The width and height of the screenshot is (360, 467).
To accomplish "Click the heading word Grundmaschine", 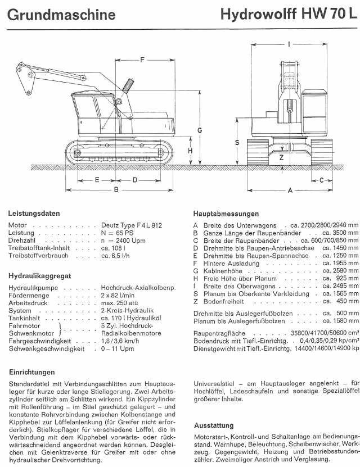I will click(62, 14).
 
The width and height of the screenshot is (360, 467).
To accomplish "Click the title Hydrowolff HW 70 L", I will click(289, 14).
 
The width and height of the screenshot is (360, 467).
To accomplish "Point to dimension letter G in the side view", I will click(200, 130).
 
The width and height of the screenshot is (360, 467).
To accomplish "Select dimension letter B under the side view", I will click(116, 190).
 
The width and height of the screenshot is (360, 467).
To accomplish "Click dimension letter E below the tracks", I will click(97, 180).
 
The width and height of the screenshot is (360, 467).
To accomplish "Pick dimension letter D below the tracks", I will click(135, 180).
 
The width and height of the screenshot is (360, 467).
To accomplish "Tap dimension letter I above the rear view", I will click(288, 43).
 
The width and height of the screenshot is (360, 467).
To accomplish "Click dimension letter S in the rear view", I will click(237, 143).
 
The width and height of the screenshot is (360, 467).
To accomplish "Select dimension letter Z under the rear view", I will click(281, 158).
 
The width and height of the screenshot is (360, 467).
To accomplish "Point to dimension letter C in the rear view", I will click(322, 180).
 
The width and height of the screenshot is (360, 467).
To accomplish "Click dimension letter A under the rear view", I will click(290, 191).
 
